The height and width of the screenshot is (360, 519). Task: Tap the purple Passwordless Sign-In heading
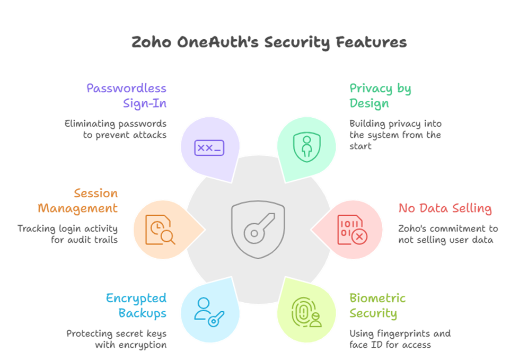(126, 95)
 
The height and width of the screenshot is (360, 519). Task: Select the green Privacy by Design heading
(380, 95)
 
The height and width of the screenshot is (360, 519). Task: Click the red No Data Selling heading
(445, 208)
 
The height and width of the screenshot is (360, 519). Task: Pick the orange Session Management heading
(77, 200)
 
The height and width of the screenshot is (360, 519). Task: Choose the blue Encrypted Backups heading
(136, 305)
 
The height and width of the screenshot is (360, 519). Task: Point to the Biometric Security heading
(377, 305)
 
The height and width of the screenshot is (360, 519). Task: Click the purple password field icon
(209, 148)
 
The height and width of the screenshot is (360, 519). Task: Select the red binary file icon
(351, 229)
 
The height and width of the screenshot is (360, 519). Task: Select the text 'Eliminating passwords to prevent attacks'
(116, 129)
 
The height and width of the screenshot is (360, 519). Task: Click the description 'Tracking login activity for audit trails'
(67, 234)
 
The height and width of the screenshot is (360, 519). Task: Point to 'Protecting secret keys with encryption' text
(116, 339)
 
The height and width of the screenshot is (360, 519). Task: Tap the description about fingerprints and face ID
(400, 339)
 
